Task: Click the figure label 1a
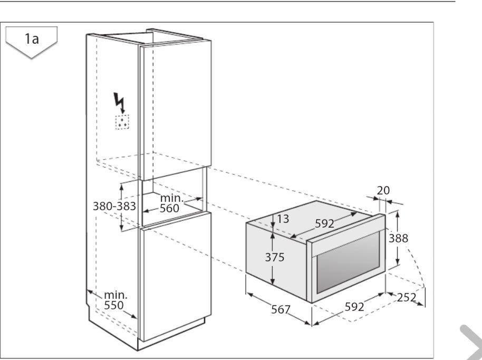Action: click(32, 39)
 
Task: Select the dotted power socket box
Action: click(122, 122)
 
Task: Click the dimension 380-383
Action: click(114, 206)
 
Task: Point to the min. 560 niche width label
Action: click(171, 203)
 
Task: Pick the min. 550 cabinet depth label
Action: click(115, 300)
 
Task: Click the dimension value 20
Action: click(383, 190)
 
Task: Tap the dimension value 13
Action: click(283, 219)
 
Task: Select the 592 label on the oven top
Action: click(324, 223)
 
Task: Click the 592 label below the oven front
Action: click(354, 307)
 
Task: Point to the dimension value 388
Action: click(398, 238)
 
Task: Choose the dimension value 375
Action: click(275, 257)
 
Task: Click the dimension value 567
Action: click(281, 309)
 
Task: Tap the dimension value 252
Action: click(407, 297)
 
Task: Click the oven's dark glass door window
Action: click(348, 263)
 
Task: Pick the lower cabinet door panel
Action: click(175, 276)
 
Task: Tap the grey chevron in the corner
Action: click(472, 342)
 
